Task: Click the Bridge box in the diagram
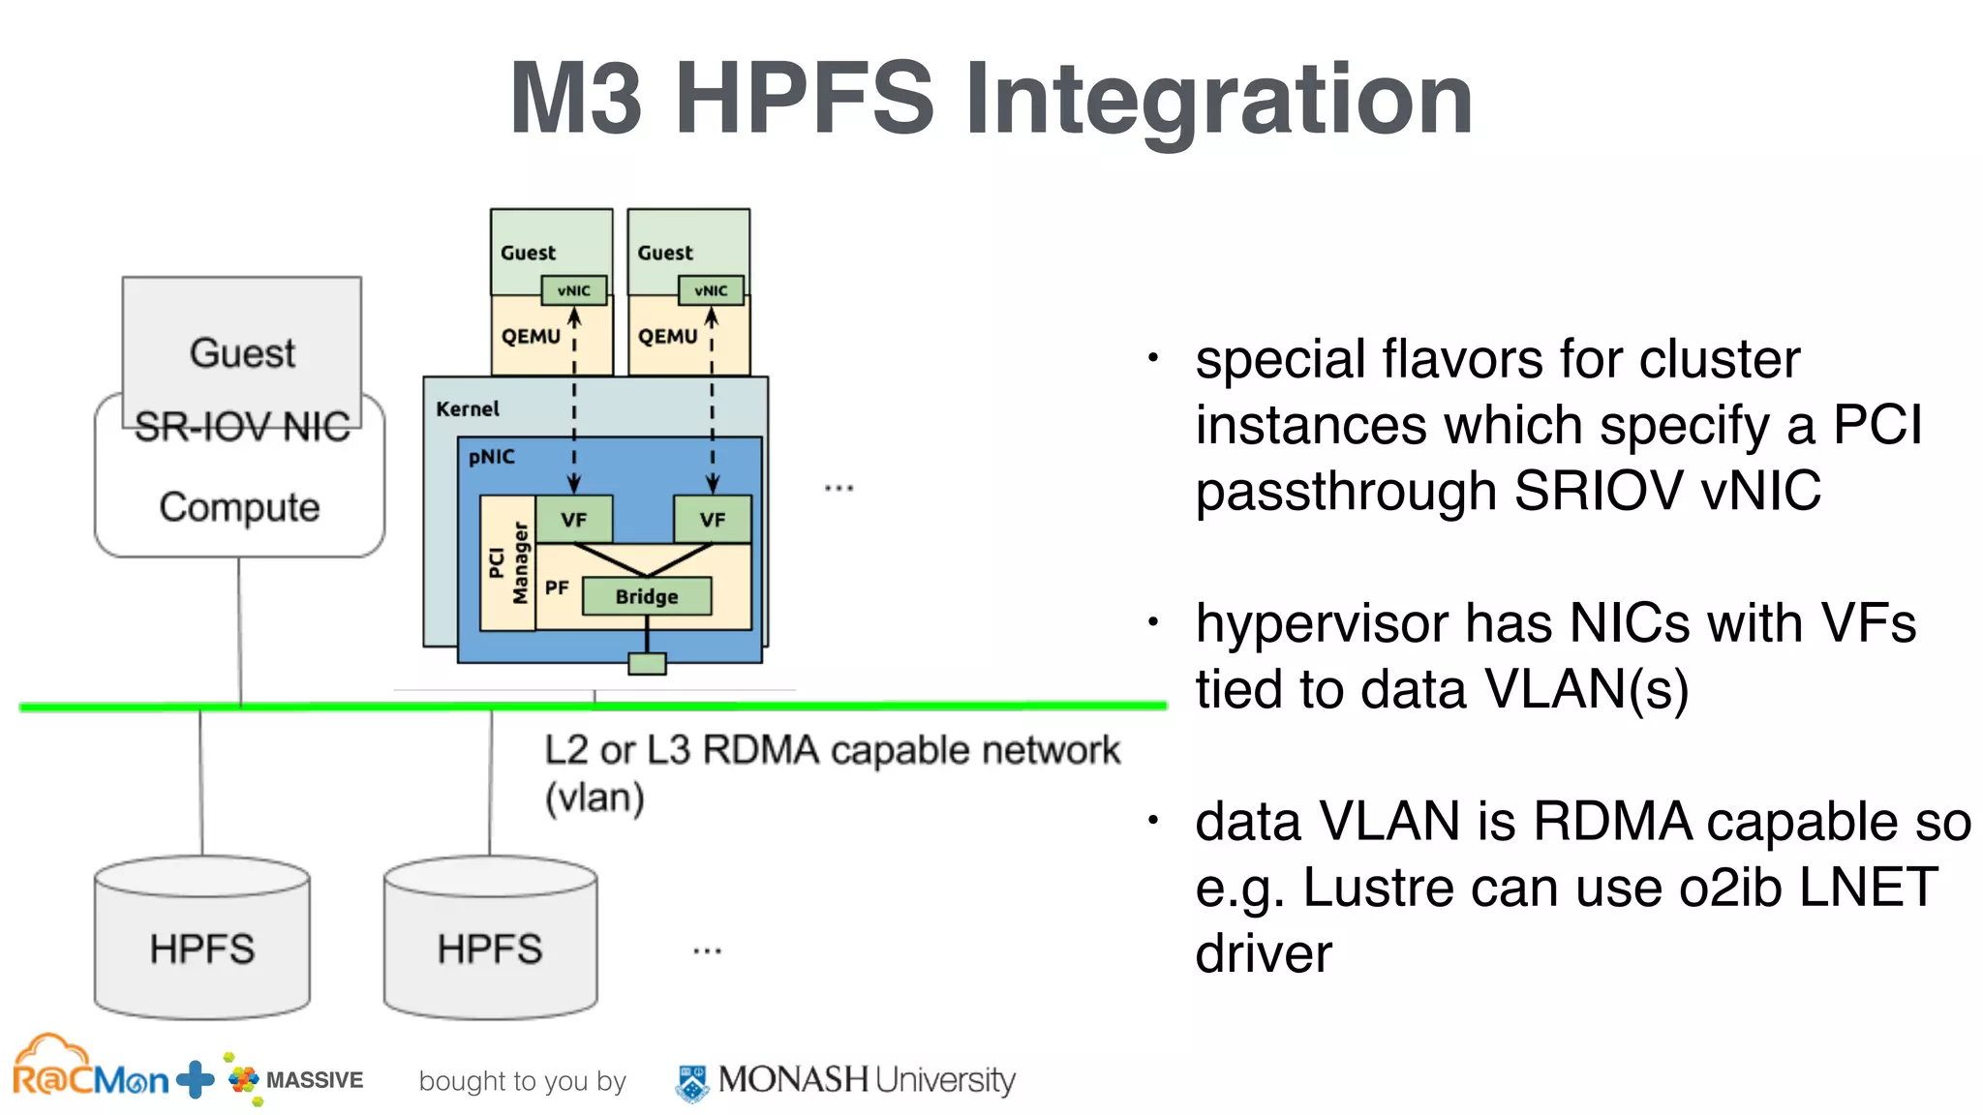[x=647, y=596]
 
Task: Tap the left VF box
[x=573, y=520]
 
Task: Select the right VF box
[x=713, y=520]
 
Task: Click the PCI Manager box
[x=508, y=563]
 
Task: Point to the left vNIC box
[x=574, y=290]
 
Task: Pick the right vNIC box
[x=712, y=290]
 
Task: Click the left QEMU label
[x=531, y=337]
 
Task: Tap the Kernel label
[x=468, y=409]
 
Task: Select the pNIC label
[x=492, y=457]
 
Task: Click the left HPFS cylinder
[x=202, y=939]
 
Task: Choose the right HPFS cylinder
[x=490, y=939]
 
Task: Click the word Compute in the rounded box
[x=239, y=507]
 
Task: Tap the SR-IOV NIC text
[x=242, y=427]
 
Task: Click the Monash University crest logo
[x=691, y=1082]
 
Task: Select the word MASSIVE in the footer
[x=315, y=1080]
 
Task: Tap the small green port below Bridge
[x=647, y=664]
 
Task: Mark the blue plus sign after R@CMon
[x=196, y=1079]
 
